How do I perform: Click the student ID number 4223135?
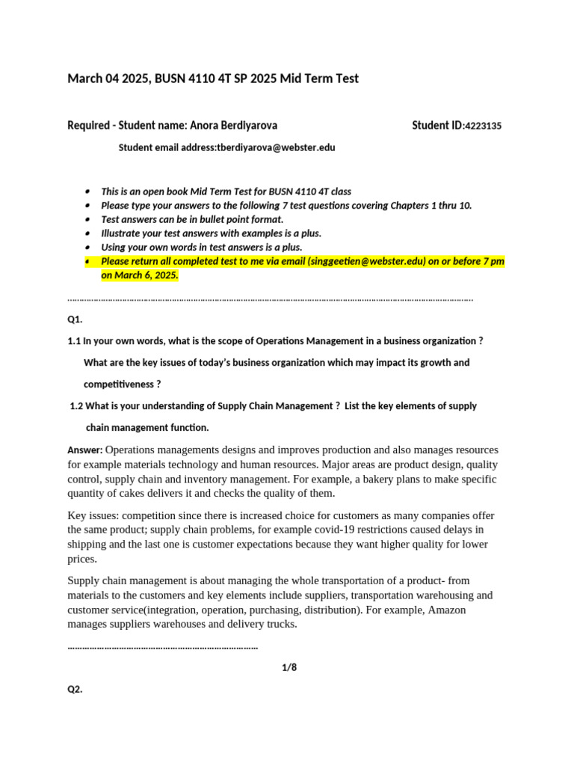pyautogui.click(x=483, y=126)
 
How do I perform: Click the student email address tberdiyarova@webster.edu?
pyautogui.click(x=276, y=148)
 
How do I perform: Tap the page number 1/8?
pyautogui.click(x=289, y=667)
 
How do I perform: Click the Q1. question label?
pyautogui.click(x=75, y=319)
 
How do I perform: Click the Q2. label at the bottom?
pyautogui.click(x=75, y=690)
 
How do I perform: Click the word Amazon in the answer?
pyautogui.click(x=445, y=610)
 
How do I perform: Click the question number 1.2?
pyautogui.click(x=76, y=406)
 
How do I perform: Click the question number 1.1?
pyautogui.click(x=74, y=341)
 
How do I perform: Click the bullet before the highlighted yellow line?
pyautogui.click(x=88, y=261)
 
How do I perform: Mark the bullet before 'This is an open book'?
pyautogui.click(x=88, y=191)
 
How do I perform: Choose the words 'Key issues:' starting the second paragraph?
pyautogui.click(x=93, y=516)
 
